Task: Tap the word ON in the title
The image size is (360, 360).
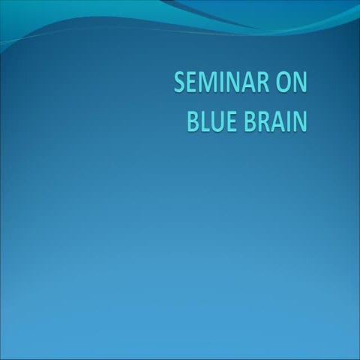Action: point(292,82)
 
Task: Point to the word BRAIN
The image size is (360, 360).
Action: point(276,121)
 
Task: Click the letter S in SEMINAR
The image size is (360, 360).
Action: point(180,82)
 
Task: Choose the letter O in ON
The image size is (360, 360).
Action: point(284,82)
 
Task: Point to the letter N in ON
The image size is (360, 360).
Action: point(301,82)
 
